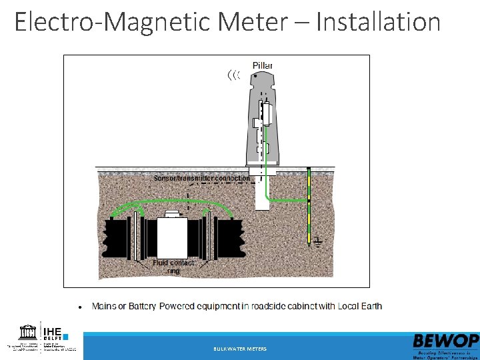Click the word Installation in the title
[x=378, y=21]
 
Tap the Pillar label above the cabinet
[x=262, y=65]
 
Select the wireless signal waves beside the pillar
[x=233, y=75]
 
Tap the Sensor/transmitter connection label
[x=201, y=178]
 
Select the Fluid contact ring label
[x=173, y=267]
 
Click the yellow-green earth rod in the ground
[x=309, y=207]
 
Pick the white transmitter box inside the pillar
[x=267, y=113]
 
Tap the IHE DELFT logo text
[x=53, y=333]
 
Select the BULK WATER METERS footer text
[x=240, y=349]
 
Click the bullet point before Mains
[x=80, y=307]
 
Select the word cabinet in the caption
[x=294, y=307]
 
